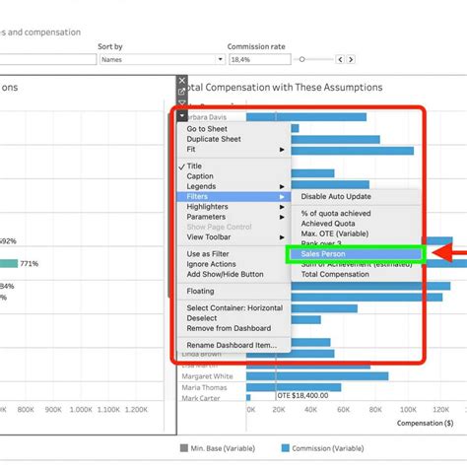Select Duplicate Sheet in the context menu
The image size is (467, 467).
[x=214, y=139]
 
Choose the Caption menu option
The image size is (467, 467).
[x=200, y=176]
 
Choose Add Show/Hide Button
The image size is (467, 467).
[x=226, y=274]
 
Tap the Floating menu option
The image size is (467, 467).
[x=201, y=292]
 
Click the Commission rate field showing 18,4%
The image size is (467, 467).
[x=252, y=60]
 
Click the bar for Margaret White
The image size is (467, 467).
[x=316, y=375]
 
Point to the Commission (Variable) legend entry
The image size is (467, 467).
[x=329, y=447]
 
